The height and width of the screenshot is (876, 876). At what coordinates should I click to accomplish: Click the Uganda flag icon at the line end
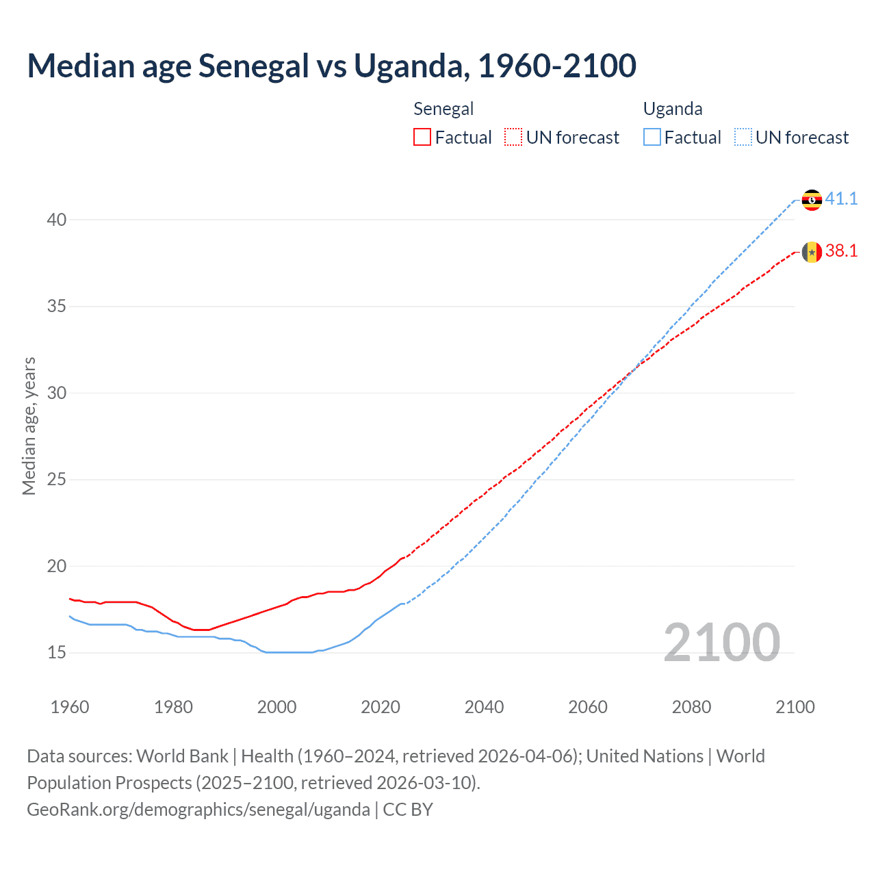tap(812, 200)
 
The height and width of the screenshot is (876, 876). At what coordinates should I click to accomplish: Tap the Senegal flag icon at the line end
tap(812, 253)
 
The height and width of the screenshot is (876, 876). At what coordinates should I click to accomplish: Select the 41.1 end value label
tap(841, 198)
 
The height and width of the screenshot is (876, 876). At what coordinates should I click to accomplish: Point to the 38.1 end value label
tap(841, 251)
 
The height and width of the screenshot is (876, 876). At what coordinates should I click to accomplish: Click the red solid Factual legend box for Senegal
tap(422, 138)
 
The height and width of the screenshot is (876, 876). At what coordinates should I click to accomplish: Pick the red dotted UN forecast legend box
tap(513, 138)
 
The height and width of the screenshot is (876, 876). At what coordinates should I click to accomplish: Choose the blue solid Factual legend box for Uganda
tap(652, 138)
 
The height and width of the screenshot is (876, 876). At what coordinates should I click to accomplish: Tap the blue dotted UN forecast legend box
tap(743, 138)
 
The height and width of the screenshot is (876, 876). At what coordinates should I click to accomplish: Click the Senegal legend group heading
tap(443, 109)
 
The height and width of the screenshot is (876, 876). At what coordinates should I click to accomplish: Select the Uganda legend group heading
tap(673, 109)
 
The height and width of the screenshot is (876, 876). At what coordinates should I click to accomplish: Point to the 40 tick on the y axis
tap(57, 220)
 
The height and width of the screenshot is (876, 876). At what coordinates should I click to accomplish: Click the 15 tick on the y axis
tap(57, 653)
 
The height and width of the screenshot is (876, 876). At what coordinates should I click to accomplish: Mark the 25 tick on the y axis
tap(57, 480)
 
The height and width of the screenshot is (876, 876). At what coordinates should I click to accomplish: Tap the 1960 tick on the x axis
tap(70, 707)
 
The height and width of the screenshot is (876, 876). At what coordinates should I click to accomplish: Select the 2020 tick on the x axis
tap(381, 707)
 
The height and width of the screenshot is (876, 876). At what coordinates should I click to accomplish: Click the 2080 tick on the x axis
tap(691, 707)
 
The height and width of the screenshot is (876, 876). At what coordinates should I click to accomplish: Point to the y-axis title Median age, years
tap(29, 426)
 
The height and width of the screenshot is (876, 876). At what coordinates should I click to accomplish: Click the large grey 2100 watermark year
tap(721, 643)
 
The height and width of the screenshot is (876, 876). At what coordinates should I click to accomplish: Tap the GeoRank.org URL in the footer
tap(198, 810)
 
